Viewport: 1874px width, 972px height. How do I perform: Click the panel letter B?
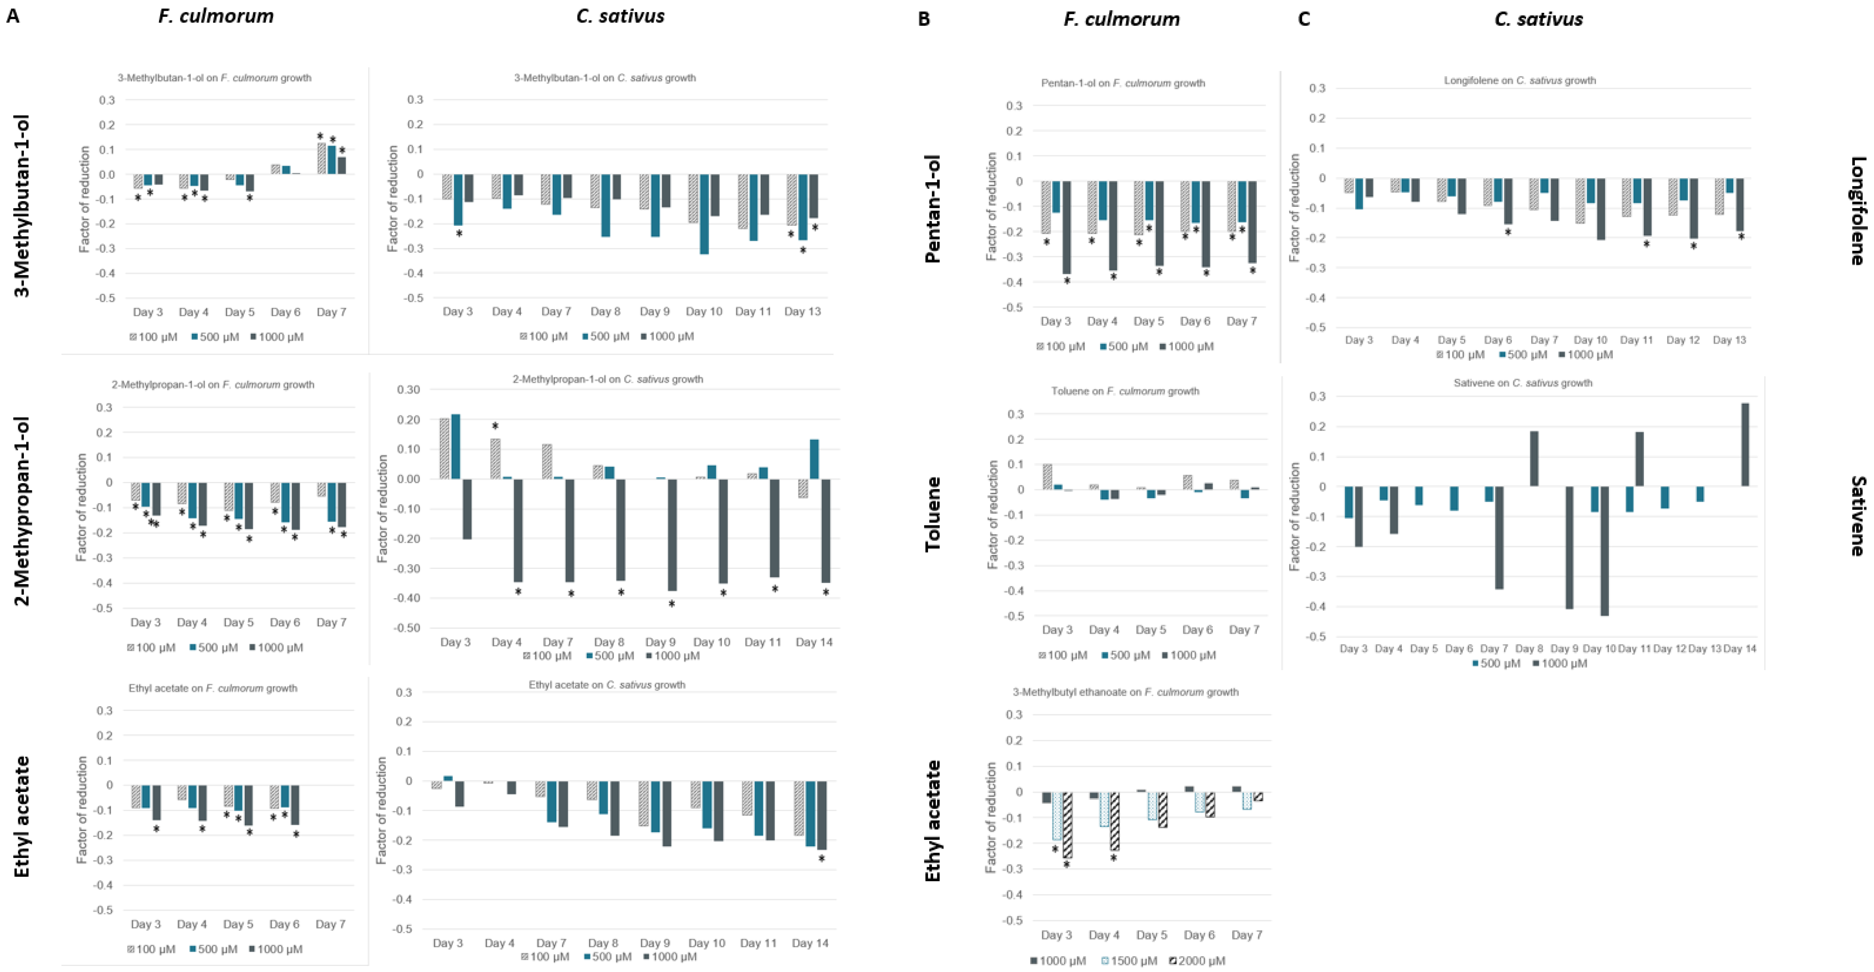[924, 19]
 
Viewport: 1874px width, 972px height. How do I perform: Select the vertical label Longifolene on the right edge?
[1857, 211]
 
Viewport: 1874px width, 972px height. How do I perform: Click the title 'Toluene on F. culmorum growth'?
[1125, 391]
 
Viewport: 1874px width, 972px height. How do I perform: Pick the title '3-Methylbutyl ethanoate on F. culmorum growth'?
[1125, 692]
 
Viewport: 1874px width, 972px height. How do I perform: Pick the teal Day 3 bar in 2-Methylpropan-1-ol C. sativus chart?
[455, 446]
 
